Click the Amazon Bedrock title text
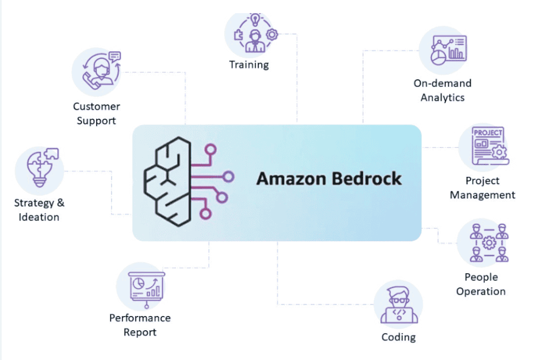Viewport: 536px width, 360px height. pyautogui.click(x=329, y=179)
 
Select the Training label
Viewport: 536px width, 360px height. pyautogui.click(x=249, y=65)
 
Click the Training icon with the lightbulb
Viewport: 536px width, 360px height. pyautogui.click(x=255, y=35)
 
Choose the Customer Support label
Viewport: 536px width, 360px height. pyautogui.click(x=96, y=114)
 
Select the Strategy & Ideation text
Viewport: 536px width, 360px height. pyautogui.click(x=39, y=210)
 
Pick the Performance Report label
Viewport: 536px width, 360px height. pyautogui.click(x=140, y=325)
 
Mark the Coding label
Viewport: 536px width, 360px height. pyautogui.click(x=399, y=337)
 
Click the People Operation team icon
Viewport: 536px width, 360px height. pyautogui.click(x=482, y=243)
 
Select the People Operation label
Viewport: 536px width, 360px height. pyautogui.click(x=481, y=284)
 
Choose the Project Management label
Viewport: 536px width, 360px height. pyautogui.click(x=482, y=187)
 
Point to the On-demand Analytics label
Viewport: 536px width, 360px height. pyautogui.click(x=443, y=91)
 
